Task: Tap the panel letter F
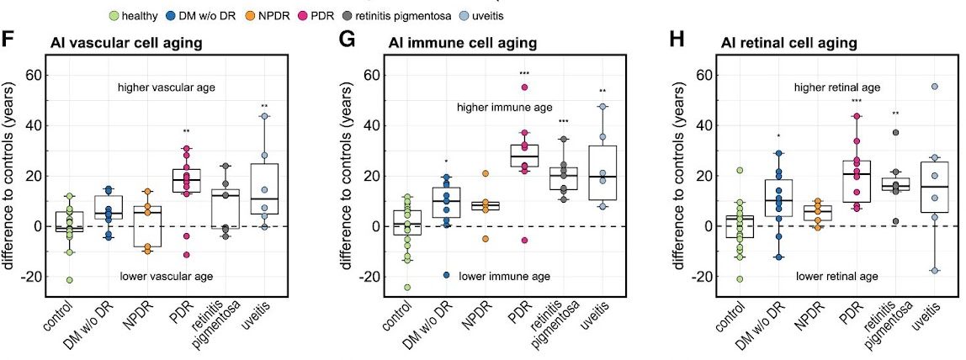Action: (x=9, y=40)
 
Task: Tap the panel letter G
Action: (x=344, y=40)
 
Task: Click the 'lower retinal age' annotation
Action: (x=837, y=275)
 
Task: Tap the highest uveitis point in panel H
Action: (x=935, y=87)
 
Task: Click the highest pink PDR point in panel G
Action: (x=524, y=87)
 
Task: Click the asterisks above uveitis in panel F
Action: (x=264, y=107)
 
